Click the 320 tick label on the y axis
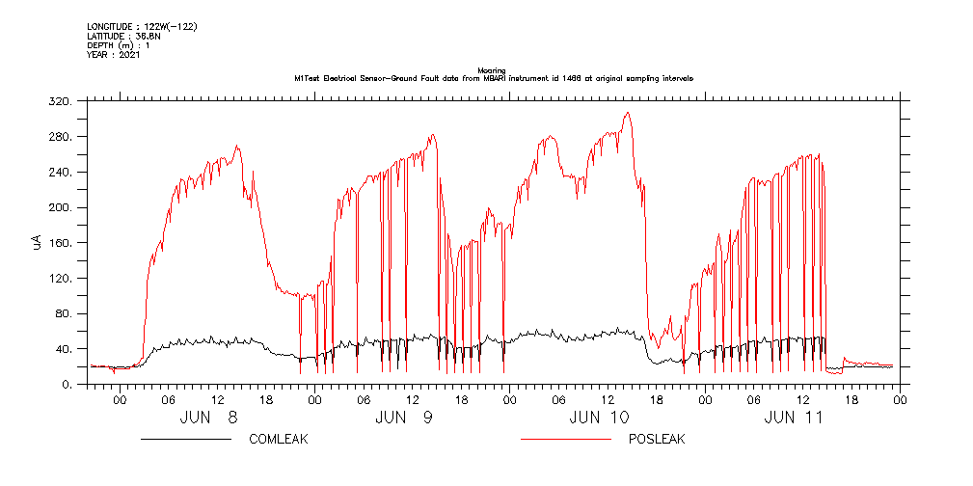coord(60,100)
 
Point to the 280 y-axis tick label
coord(60,136)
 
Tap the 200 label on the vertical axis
coord(60,207)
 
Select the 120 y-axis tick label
coord(60,278)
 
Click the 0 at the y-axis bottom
coord(68,384)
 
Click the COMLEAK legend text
coord(278,440)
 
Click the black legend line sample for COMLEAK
coord(185,440)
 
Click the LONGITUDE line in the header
coord(142,26)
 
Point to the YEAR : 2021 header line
coord(114,55)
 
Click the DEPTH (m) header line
coord(118,45)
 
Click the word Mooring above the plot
coord(493,70)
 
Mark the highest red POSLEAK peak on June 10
coord(627,112)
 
